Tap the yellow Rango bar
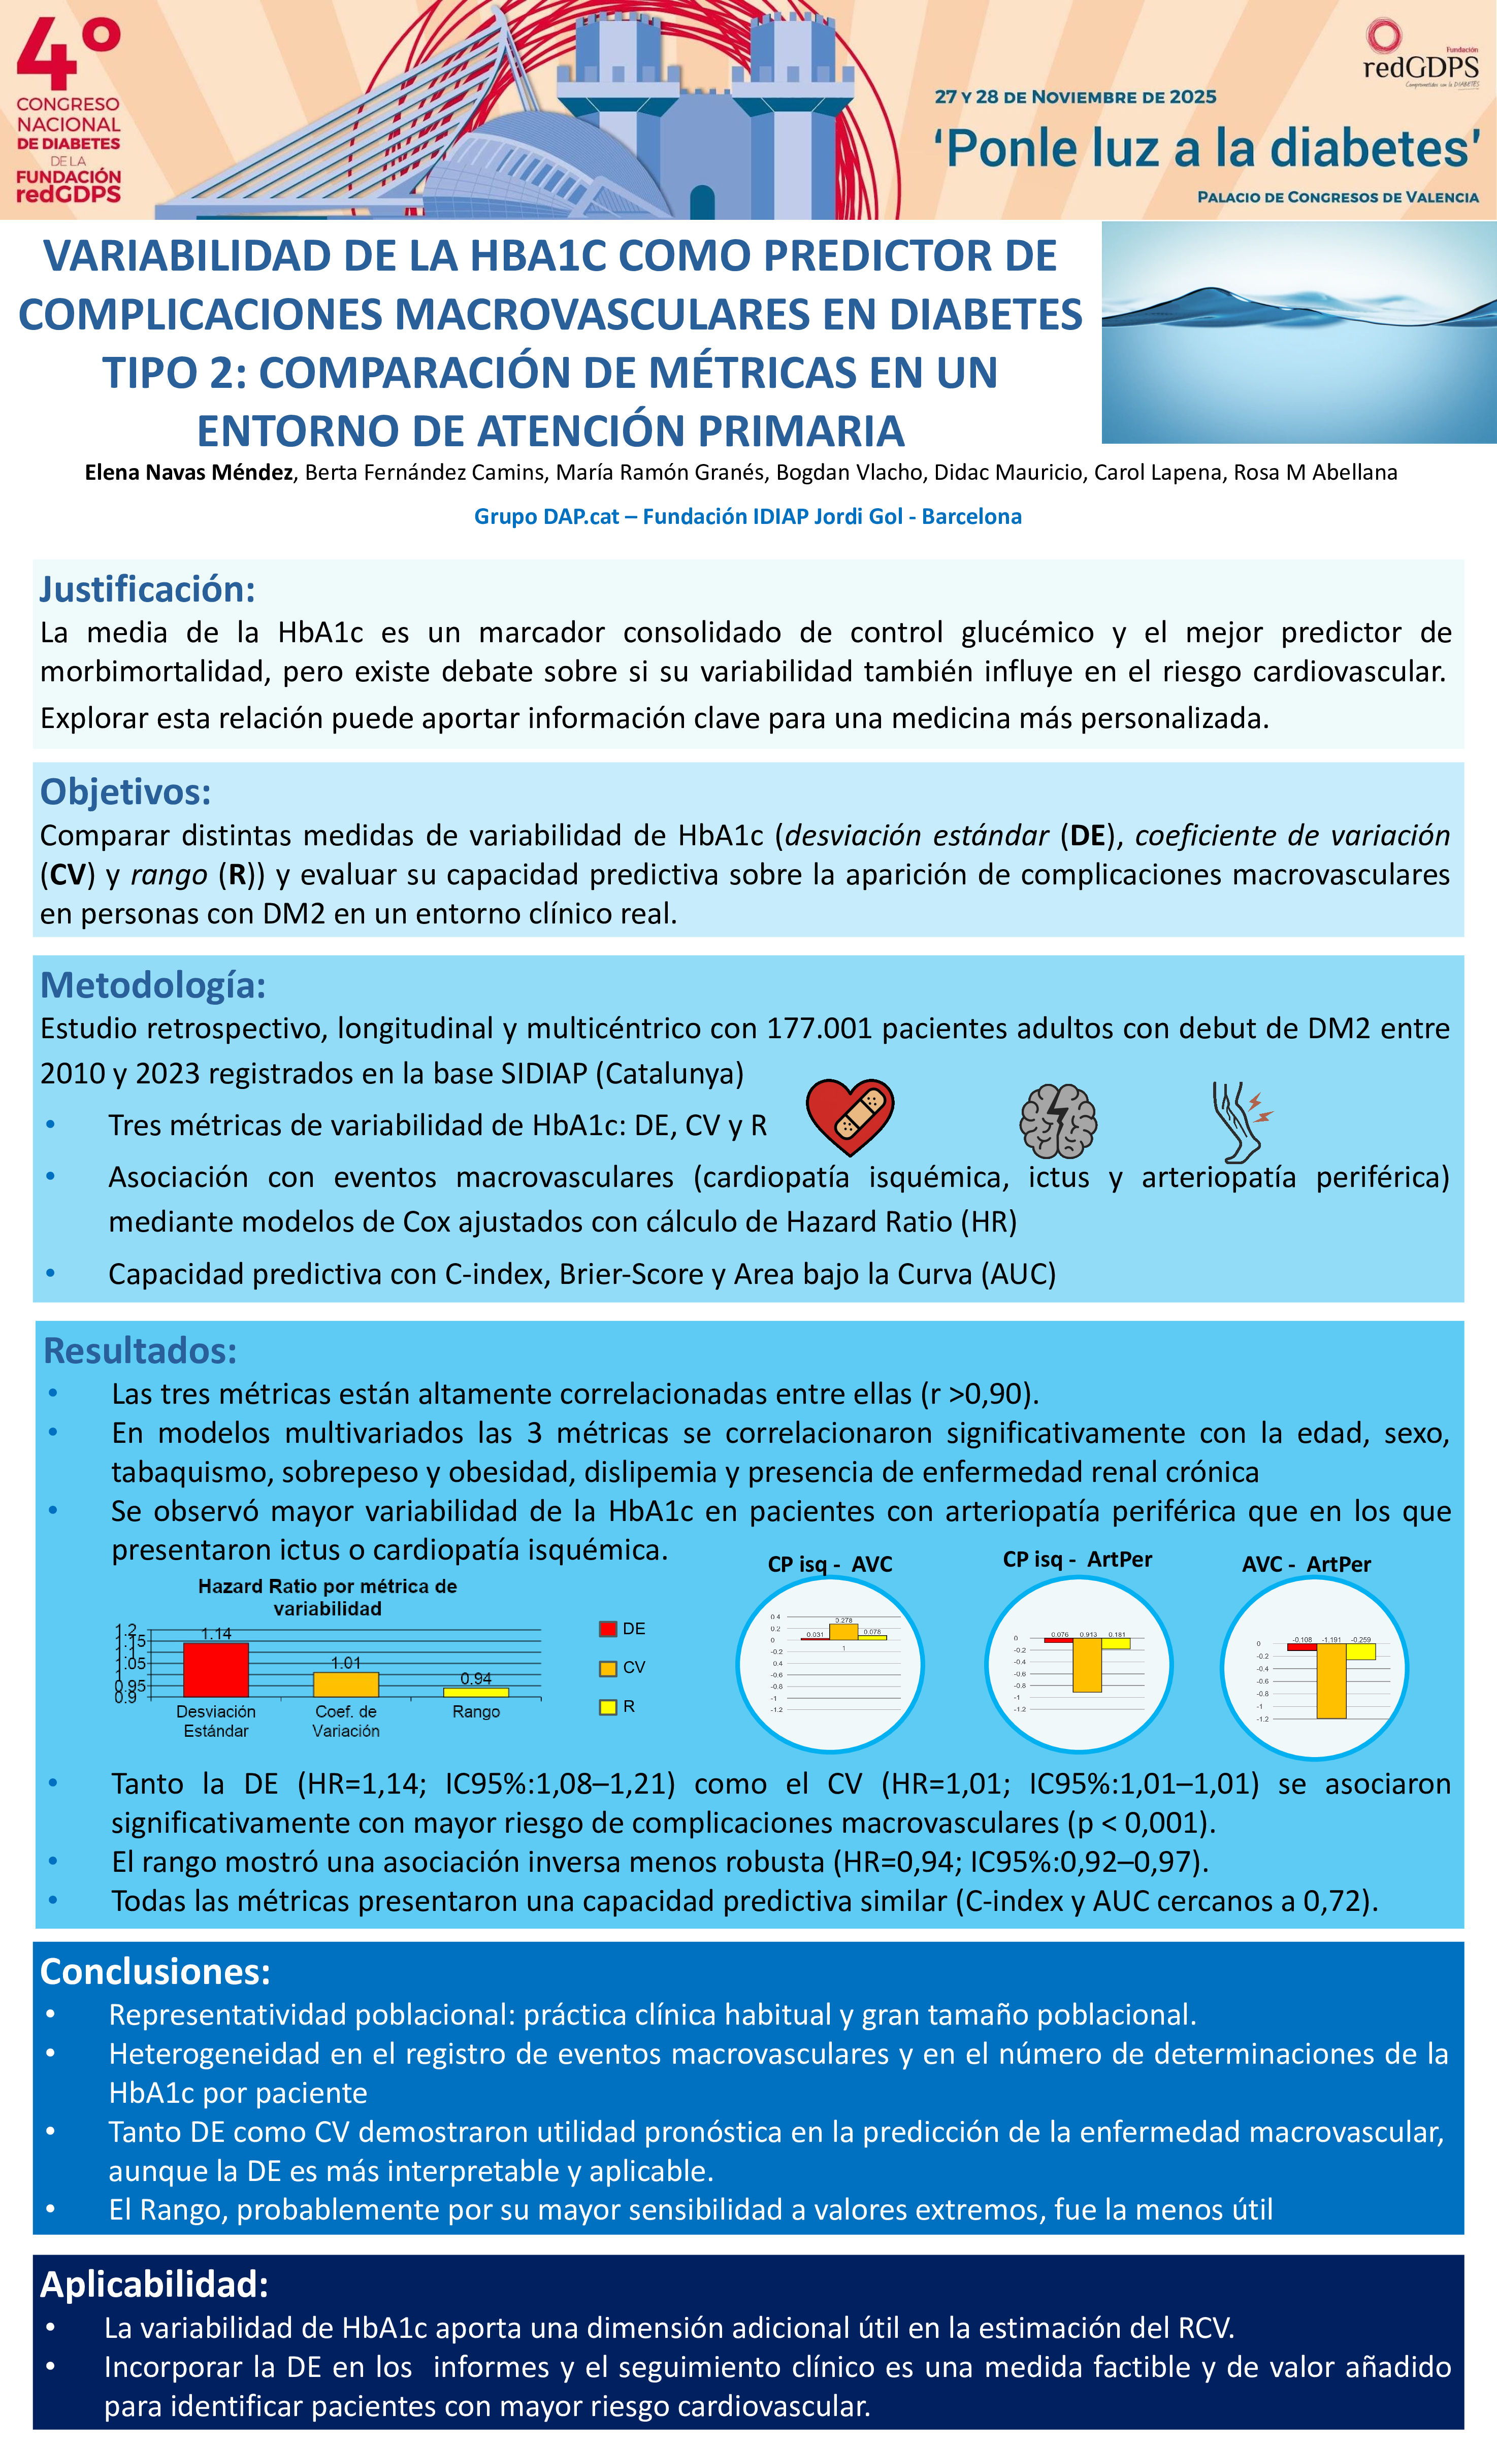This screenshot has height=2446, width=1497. coord(475,1692)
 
